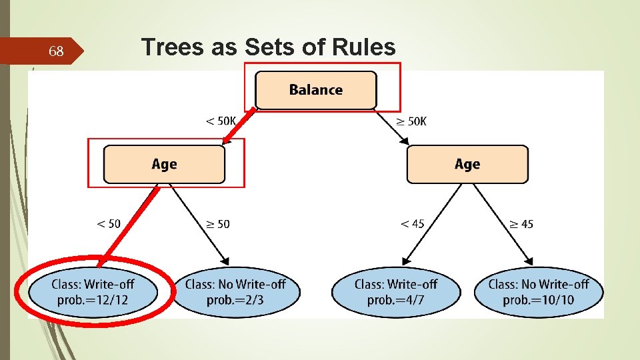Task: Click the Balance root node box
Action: pyautogui.click(x=316, y=90)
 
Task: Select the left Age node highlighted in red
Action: pyautogui.click(x=164, y=164)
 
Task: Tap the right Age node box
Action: pyautogui.click(x=467, y=164)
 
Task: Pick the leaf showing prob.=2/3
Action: pyautogui.click(x=235, y=292)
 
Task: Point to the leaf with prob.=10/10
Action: pyautogui.click(x=539, y=292)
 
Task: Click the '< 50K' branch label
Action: pyautogui.click(x=220, y=121)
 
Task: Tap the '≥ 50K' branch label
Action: pyautogui.click(x=411, y=121)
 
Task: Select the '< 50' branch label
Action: pyautogui.click(x=109, y=224)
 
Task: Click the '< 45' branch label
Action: pyautogui.click(x=412, y=224)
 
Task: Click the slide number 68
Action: pyautogui.click(x=57, y=51)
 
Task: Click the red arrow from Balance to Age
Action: pyautogui.click(x=238, y=127)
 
